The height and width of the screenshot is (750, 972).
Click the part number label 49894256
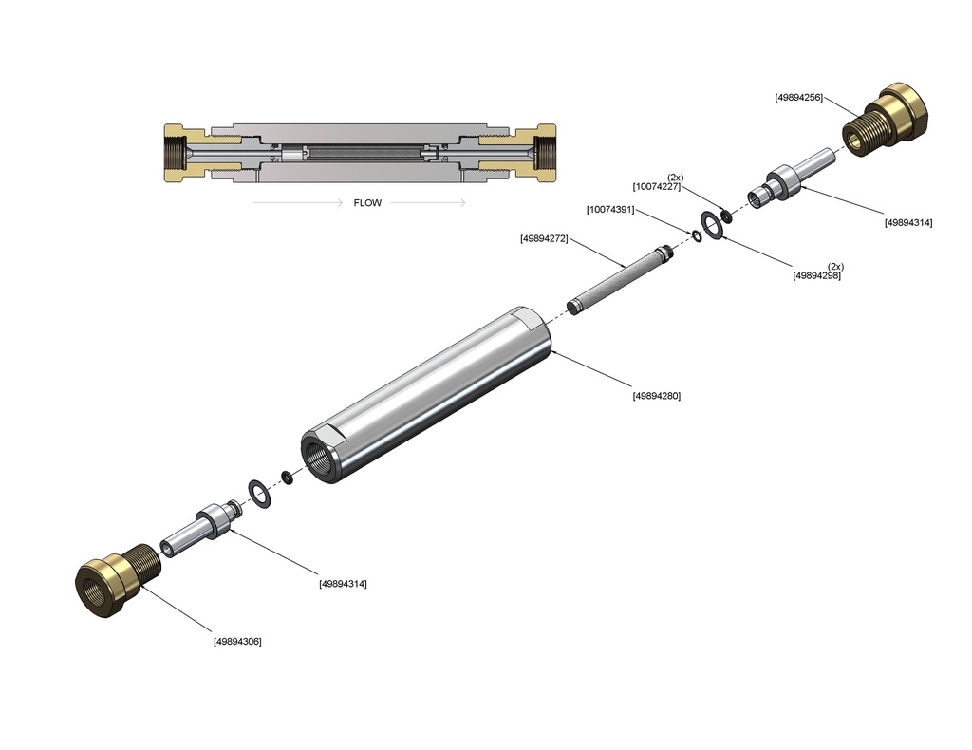(x=798, y=97)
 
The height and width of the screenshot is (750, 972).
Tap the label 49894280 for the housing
(x=656, y=396)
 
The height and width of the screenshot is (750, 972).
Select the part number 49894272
(x=544, y=238)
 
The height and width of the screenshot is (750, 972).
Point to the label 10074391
(x=610, y=209)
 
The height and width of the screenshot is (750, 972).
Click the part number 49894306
(x=237, y=641)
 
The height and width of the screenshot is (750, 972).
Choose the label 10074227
(x=657, y=187)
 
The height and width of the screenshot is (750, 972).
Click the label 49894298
(x=816, y=275)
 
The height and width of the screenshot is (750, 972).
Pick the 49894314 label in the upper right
(x=908, y=223)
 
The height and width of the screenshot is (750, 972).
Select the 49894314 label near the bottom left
(x=343, y=584)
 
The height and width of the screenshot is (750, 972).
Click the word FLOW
(x=367, y=202)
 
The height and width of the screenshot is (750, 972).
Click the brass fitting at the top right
(x=889, y=118)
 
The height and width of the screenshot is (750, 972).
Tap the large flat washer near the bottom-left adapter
(x=258, y=492)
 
